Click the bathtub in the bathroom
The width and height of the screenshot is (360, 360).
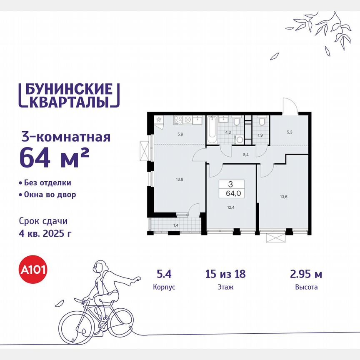(x=212, y=130)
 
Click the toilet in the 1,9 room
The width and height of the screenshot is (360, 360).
(x=262, y=121)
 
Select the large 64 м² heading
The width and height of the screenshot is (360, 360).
(x=54, y=157)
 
